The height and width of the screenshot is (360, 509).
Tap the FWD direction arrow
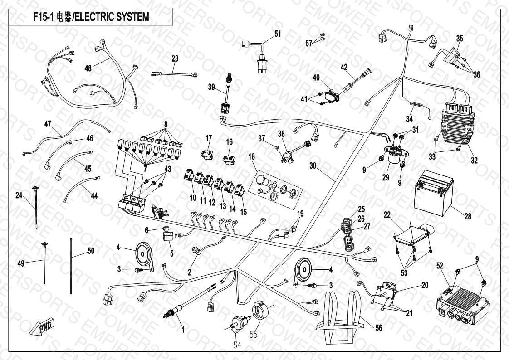41,326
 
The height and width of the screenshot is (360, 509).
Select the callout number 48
88,68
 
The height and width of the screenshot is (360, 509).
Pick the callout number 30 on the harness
313,165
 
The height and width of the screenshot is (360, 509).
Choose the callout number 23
175,58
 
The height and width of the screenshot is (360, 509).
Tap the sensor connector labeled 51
262,58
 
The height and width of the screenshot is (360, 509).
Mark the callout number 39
210,87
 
